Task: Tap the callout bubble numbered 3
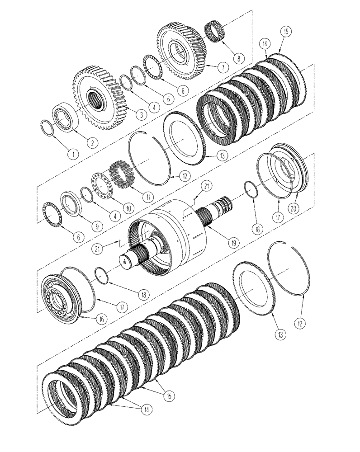(x=141, y=116)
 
